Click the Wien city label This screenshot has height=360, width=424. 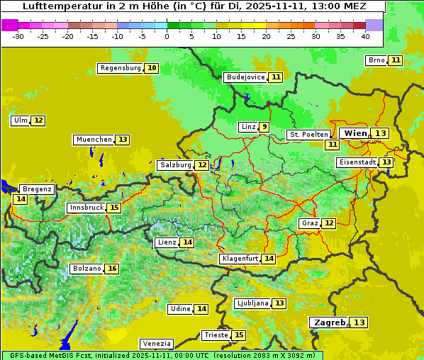355,133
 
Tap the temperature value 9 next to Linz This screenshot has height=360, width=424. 264,127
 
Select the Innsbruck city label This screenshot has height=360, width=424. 85,208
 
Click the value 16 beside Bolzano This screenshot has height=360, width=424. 112,269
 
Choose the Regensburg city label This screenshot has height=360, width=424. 120,68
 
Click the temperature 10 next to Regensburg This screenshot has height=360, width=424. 152,68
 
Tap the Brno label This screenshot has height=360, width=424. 376,60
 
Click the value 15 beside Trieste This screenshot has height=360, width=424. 239,335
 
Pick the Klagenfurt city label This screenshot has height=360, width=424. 239,259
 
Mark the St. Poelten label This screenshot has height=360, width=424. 308,134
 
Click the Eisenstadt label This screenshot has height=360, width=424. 357,162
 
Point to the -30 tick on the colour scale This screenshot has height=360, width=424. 18,35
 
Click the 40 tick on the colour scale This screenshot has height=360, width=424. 365,35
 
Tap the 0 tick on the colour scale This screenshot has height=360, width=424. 167,35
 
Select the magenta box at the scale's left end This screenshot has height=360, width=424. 9,24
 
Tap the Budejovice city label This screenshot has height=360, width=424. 245,77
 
